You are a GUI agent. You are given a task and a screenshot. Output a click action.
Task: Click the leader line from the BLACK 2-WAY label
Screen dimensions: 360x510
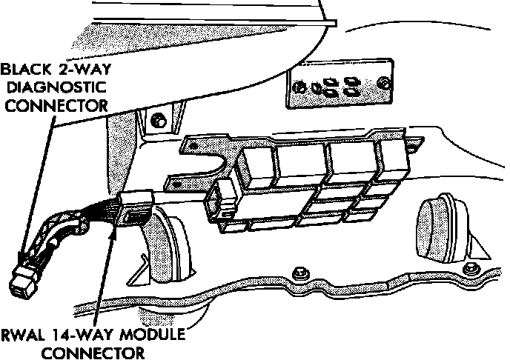(36, 185)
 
